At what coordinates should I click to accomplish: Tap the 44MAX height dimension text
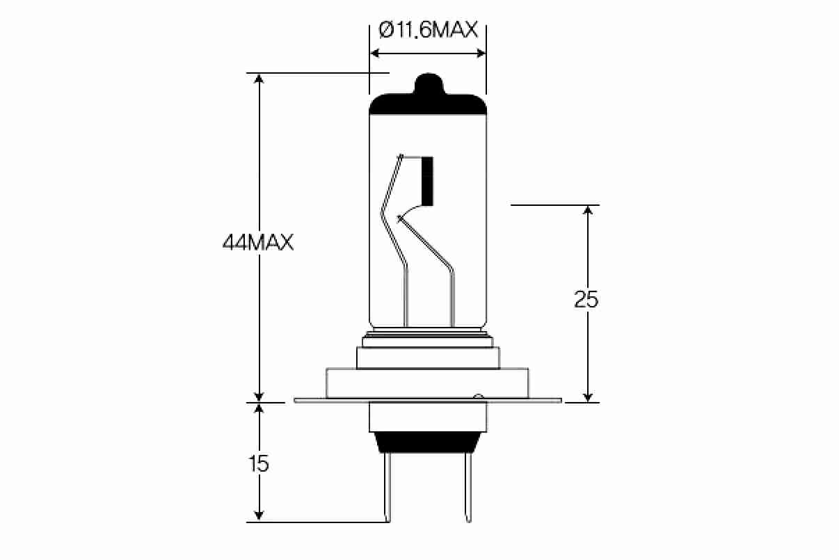[x=258, y=243]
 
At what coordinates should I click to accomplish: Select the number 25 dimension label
[x=586, y=299]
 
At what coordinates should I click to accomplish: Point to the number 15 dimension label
[x=258, y=463]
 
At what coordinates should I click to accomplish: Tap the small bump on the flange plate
[x=477, y=398]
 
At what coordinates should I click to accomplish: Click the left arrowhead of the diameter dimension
[x=375, y=53]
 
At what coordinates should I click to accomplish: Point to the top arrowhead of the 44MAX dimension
[x=259, y=78]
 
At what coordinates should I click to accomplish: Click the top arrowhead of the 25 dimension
[x=589, y=211]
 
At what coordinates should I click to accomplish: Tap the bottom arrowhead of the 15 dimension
[x=259, y=516]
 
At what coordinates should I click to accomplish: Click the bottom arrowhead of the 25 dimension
[x=589, y=397]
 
